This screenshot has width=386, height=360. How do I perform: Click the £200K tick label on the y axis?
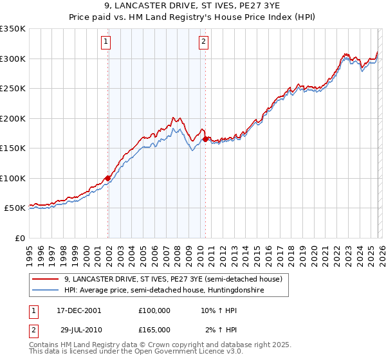tap(13, 118)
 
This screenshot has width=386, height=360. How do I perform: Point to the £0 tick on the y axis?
tap(19, 238)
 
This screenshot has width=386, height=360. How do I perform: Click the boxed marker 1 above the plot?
tap(106, 42)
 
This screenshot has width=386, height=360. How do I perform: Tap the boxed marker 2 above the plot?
tap(203, 42)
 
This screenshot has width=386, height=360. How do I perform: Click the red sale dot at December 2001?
tap(107, 178)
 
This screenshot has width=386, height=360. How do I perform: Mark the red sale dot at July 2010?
tap(205, 139)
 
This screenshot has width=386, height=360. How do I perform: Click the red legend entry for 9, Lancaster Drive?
tap(173, 280)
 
